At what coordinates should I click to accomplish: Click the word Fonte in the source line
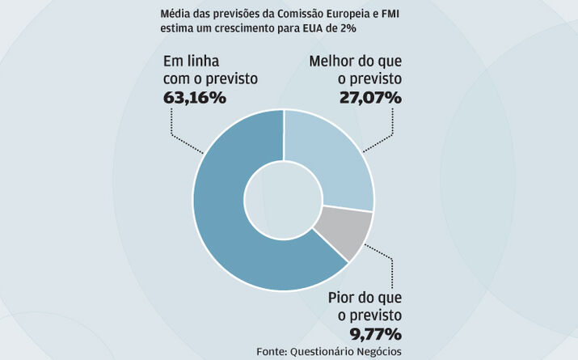pyautogui.click(x=272, y=351)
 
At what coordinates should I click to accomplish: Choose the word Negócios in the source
pyautogui.click(x=378, y=351)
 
